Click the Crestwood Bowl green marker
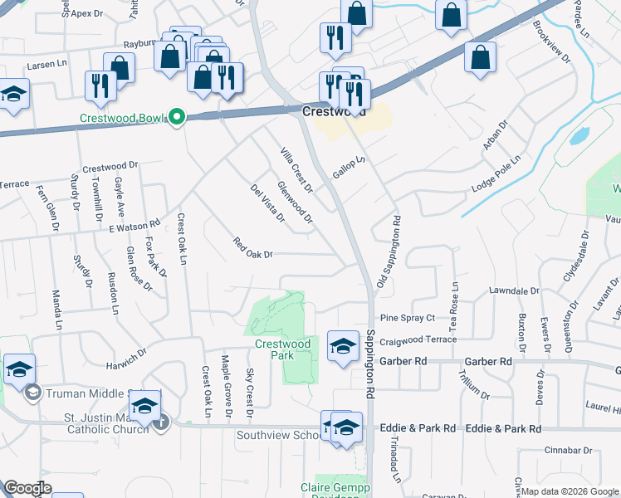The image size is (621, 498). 176,117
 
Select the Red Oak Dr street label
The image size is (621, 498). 253,248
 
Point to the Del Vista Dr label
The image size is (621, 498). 267,204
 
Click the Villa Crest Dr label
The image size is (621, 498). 296,170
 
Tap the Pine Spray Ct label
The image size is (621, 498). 407,318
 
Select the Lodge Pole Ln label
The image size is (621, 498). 494,174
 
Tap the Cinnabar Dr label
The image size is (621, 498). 568,451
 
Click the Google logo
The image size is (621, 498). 27,489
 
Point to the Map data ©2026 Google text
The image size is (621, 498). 568,491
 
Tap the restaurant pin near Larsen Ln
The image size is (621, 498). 100,85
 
